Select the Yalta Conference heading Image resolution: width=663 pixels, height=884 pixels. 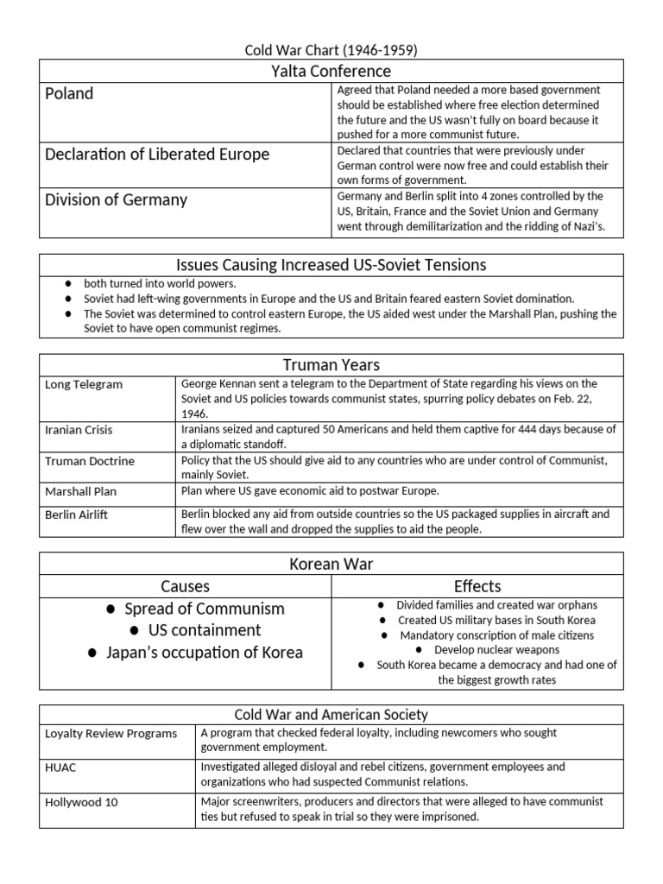click(x=331, y=71)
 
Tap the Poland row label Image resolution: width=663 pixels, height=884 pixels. click(x=69, y=93)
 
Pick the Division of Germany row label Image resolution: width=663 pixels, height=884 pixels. click(x=116, y=199)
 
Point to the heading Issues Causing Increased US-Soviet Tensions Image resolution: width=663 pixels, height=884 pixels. click(x=331, y=264)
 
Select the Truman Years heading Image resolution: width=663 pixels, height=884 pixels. click(x=331, y=364)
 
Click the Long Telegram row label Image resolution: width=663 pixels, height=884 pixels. click(x=84, y=384)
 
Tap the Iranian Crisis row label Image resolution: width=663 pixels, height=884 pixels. click(x=79, y=429)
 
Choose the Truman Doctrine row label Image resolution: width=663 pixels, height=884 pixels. click(x=90, y=461)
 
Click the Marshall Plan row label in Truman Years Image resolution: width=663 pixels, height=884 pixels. click(x=80, y=491)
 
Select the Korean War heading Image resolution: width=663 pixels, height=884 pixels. click(x=331, y=564)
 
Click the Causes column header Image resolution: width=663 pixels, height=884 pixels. click(x=185, y=586)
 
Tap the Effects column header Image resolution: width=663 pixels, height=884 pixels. click(x=477, y=586)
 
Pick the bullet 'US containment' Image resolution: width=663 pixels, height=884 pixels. click(x=205, y=630)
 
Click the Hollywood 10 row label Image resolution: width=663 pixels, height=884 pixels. click(x=81, y=802)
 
